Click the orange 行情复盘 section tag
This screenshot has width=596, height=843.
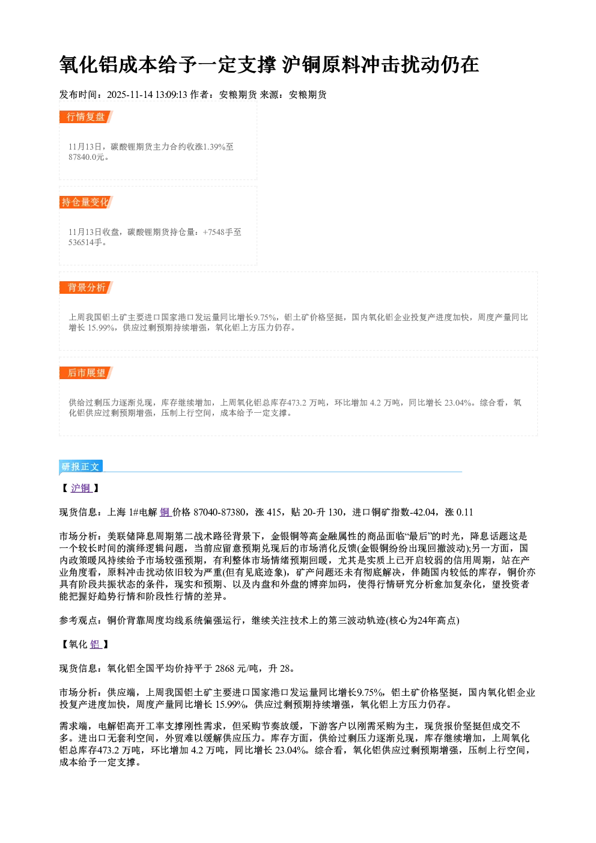(x=86, y=117)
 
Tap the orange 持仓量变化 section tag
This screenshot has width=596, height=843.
(x=86, y=202)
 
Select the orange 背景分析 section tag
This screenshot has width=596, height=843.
(x=86, y=288)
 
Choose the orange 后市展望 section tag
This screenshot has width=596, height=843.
(x=86, y=373)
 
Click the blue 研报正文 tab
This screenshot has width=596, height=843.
(x=81, y=467)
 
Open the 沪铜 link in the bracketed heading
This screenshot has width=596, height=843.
(x=81, y=488)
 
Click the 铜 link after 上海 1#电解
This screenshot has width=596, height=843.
(x=165, y=512)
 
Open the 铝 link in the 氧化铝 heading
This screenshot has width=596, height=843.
(x=95, y=645)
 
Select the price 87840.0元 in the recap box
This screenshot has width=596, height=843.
(x=86, y=157)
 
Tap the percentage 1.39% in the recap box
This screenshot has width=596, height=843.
(x=214, y=147)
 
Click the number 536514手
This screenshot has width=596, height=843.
(x=85, y=242)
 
